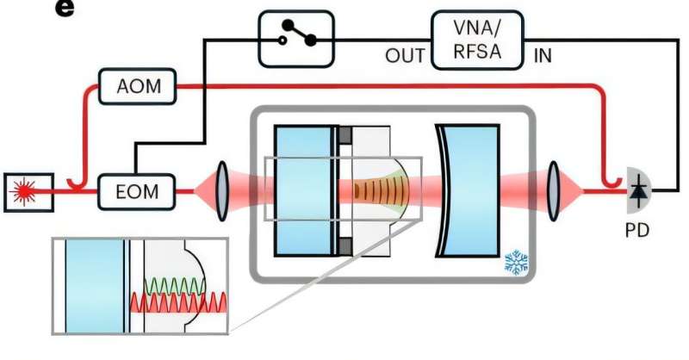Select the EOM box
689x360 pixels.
(x=137, y=189)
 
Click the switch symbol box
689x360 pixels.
(x=295, y=39)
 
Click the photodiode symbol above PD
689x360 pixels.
(x=638, y=189)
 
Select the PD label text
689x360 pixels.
(x=638, y=230)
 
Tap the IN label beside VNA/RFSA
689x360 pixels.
(x=543, y=57)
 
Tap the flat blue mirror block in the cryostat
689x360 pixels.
(x=302, y=190)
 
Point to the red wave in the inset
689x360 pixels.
(x=177, y=302)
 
